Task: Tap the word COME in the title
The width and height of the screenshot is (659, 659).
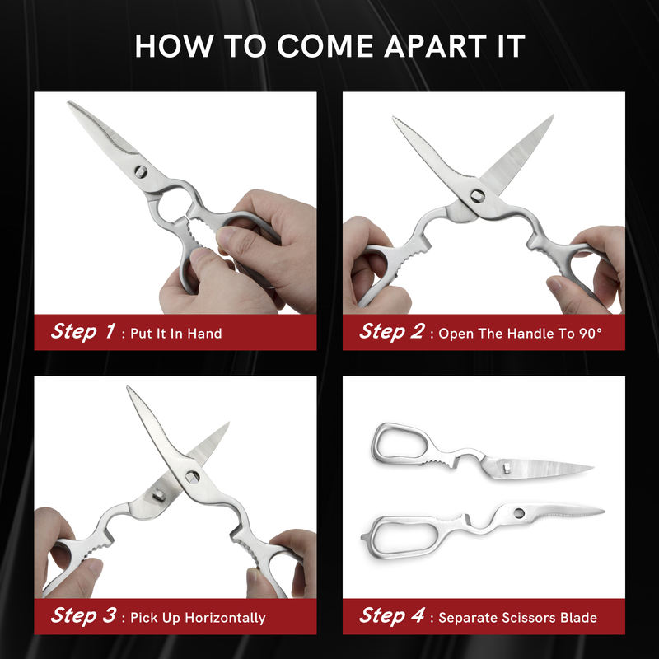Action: tap(325, 46)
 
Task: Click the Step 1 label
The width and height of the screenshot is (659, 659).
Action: tap(83, 332)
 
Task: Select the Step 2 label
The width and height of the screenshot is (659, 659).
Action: tap(392, 332)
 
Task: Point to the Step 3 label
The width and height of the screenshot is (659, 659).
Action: tap(83, 616)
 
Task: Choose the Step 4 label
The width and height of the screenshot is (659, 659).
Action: tap(392, 616)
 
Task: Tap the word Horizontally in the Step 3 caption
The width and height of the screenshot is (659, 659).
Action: tap(225, 618)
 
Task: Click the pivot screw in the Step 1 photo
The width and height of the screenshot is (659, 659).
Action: tap(141, 171)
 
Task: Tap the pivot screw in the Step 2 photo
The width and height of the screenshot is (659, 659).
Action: tap(478, 195)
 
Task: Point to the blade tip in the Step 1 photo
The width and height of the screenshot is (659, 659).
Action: tap(69, 102)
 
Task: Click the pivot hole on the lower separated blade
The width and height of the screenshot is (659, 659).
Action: tap(519, 513)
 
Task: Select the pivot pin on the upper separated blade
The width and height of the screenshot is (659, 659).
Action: tap(507, 468)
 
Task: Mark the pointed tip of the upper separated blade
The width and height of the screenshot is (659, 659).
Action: tap(591, 466)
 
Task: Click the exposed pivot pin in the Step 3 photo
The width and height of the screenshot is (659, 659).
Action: tap(159, 496)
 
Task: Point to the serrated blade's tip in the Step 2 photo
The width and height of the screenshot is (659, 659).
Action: tap(395, 118)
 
